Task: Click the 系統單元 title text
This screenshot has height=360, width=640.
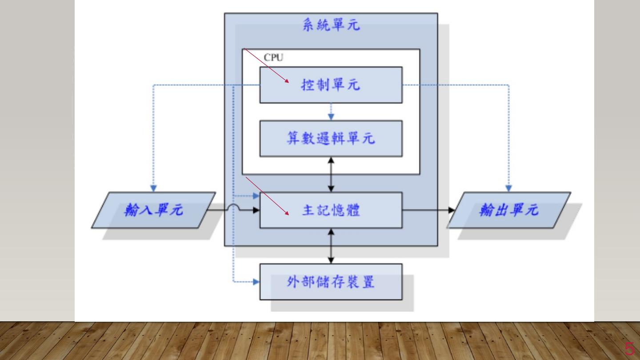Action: click(331, 25)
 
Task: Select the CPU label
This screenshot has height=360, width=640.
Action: click(273, 57)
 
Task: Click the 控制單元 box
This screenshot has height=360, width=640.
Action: click(331, 84)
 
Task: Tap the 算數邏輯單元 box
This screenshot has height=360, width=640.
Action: click(331, 138)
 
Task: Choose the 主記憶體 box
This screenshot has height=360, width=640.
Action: click(331, 210)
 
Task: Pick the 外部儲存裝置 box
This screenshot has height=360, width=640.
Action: click(331, 282)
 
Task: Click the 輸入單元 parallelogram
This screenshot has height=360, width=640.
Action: click(153, 210)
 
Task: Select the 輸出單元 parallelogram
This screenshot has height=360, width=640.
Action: click(509, 210)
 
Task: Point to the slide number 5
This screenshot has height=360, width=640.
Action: click(629, 349)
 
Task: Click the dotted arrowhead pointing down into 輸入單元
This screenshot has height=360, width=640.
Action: click(153, 188)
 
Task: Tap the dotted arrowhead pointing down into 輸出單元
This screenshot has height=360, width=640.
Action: click(509, 188)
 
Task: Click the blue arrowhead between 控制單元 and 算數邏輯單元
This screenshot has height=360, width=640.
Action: click(331, 117)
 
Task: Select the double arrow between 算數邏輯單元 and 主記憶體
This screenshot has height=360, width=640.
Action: click(331, 174)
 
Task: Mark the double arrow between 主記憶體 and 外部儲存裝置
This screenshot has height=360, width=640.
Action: click(331, 246)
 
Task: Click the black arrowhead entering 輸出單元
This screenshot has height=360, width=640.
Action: click(452, 210)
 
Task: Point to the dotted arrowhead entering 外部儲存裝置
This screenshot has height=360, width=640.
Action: click(256, 282)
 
